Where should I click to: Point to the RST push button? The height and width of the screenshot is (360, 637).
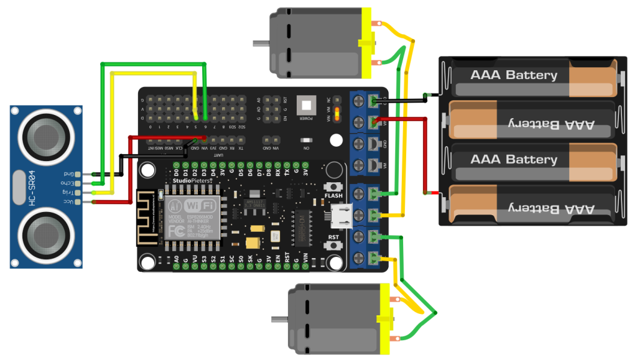[x=334, y=246]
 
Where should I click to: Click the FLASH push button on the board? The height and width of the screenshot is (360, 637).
[x=333, y=187]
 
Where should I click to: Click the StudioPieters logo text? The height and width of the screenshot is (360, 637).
[x=193, y=180]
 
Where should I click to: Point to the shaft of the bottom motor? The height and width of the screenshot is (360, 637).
[x=279, y=320]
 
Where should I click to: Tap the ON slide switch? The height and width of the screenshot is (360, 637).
[x=305, y=140]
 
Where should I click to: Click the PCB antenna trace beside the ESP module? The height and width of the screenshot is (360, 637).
[x=146, y=217]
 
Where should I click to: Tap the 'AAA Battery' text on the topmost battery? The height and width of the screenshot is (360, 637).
[x=514, y=75]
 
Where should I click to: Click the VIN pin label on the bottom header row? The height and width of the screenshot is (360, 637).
[x=305, y=257]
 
